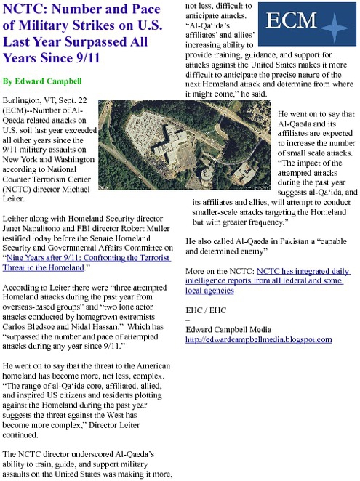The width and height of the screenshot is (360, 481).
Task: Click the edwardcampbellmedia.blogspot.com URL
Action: tap(253, 339)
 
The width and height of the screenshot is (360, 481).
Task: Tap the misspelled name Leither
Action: tap(18, 217)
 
